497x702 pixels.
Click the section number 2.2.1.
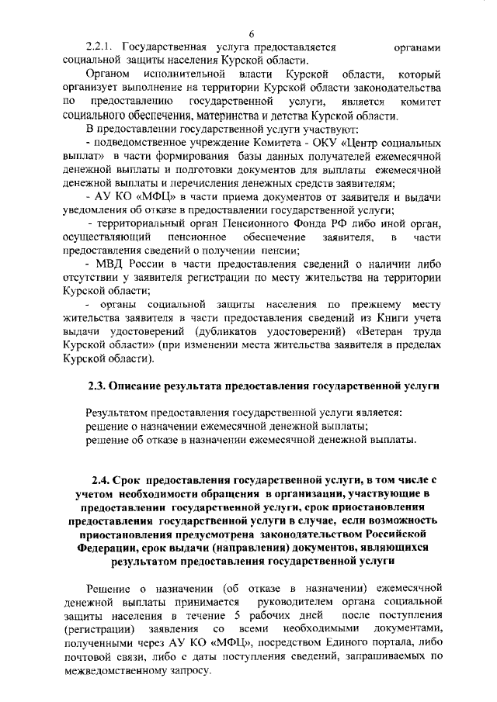pyautogui.click(x=102, y=47)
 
